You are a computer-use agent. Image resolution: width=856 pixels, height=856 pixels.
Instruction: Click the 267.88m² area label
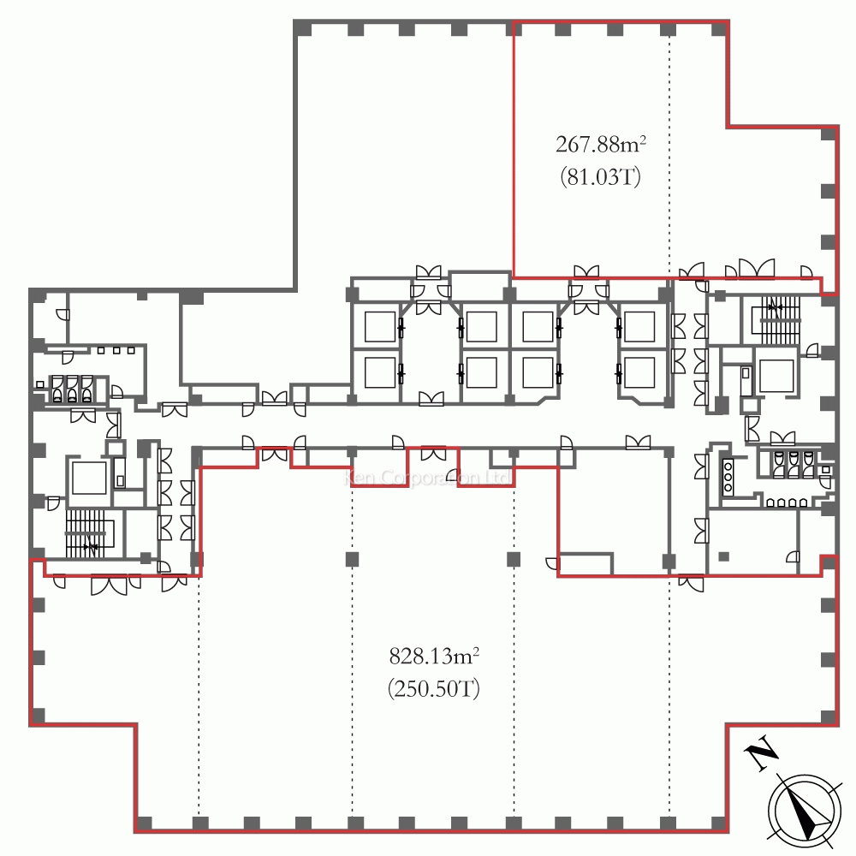(600, 143)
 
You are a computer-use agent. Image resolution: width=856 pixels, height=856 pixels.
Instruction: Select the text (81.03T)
(600, 178)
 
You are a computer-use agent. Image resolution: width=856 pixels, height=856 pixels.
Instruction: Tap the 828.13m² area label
(433, 657)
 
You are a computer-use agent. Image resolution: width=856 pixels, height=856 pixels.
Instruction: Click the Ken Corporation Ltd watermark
(428, 478)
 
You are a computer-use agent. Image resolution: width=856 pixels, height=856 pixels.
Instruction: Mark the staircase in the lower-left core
(89, 532)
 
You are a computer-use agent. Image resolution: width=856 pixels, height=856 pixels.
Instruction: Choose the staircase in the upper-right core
(776, 318)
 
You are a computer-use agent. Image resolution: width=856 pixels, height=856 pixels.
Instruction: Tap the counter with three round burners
(728, 476)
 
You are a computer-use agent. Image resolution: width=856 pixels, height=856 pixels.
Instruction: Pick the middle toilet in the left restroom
(72, 389)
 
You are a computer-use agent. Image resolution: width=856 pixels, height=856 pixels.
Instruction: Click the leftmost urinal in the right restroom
(779, 463)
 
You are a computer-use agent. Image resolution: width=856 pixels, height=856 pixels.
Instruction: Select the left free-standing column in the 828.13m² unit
(352, 560)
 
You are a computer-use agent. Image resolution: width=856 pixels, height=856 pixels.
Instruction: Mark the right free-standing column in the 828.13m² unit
(513, 560)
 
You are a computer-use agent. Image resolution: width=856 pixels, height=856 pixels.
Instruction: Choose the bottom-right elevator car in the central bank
(638, 372)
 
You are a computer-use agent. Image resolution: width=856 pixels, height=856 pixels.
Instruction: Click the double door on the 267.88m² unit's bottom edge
(587, 271)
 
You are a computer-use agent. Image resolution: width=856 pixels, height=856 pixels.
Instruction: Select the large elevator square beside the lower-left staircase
(87, 478)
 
